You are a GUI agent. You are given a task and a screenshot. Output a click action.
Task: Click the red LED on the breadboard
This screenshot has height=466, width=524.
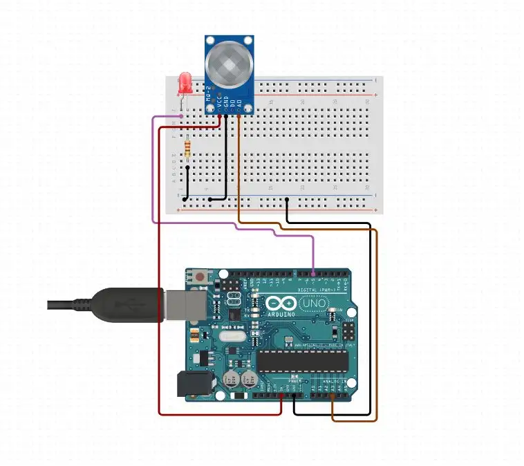[185, 84]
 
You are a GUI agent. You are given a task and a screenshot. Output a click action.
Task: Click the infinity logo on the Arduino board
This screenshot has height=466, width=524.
[275, 304]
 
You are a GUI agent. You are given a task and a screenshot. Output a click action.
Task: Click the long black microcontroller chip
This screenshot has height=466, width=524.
[303, 360]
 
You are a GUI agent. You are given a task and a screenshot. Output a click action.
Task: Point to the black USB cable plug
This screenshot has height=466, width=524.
[124, 304]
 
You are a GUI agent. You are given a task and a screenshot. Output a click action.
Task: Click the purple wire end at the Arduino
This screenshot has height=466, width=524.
[314, 274]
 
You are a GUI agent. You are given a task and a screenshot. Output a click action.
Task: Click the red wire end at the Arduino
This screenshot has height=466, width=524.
[281, 397]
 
